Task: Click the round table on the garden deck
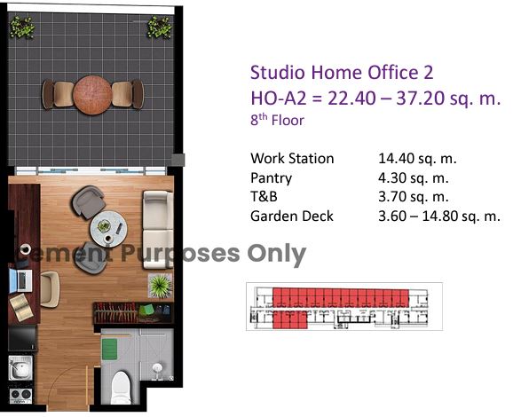[92, 95]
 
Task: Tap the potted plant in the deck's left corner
[22, 28]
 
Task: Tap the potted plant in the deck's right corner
[160, 28]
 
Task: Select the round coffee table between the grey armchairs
[108, 229]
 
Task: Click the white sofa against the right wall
[158, 230]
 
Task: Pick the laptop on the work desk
[20, 280]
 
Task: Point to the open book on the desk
[21, 308]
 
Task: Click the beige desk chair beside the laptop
[50, 289]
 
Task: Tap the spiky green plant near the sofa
[160, 286]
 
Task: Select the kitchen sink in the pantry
[20, 368]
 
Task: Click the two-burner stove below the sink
[20, 395]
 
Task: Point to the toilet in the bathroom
[121, 388]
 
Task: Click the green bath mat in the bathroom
[109, 350]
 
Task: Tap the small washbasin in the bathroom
[158, 369]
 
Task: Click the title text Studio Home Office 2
[342, 73]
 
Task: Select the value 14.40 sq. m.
[417, 159]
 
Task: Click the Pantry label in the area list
[271, 178]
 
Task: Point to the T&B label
[264, 197]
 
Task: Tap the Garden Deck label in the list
[292, 216]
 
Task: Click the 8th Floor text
[277, 120]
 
